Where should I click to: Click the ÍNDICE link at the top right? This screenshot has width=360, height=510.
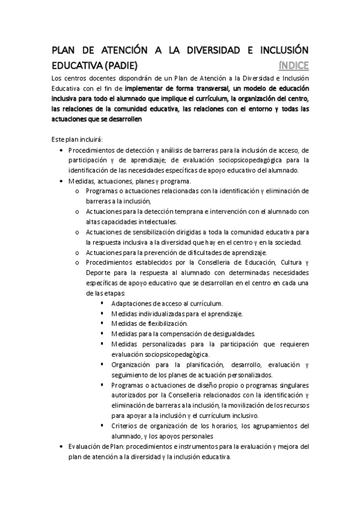(294, 66)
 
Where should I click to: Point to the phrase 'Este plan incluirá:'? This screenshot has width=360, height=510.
(77, 140)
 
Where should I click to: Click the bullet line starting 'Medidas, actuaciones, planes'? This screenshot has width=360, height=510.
(129, 180)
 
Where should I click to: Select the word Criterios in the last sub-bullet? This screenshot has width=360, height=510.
(126, 426)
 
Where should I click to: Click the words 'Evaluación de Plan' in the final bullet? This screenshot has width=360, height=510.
(96, 447)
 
